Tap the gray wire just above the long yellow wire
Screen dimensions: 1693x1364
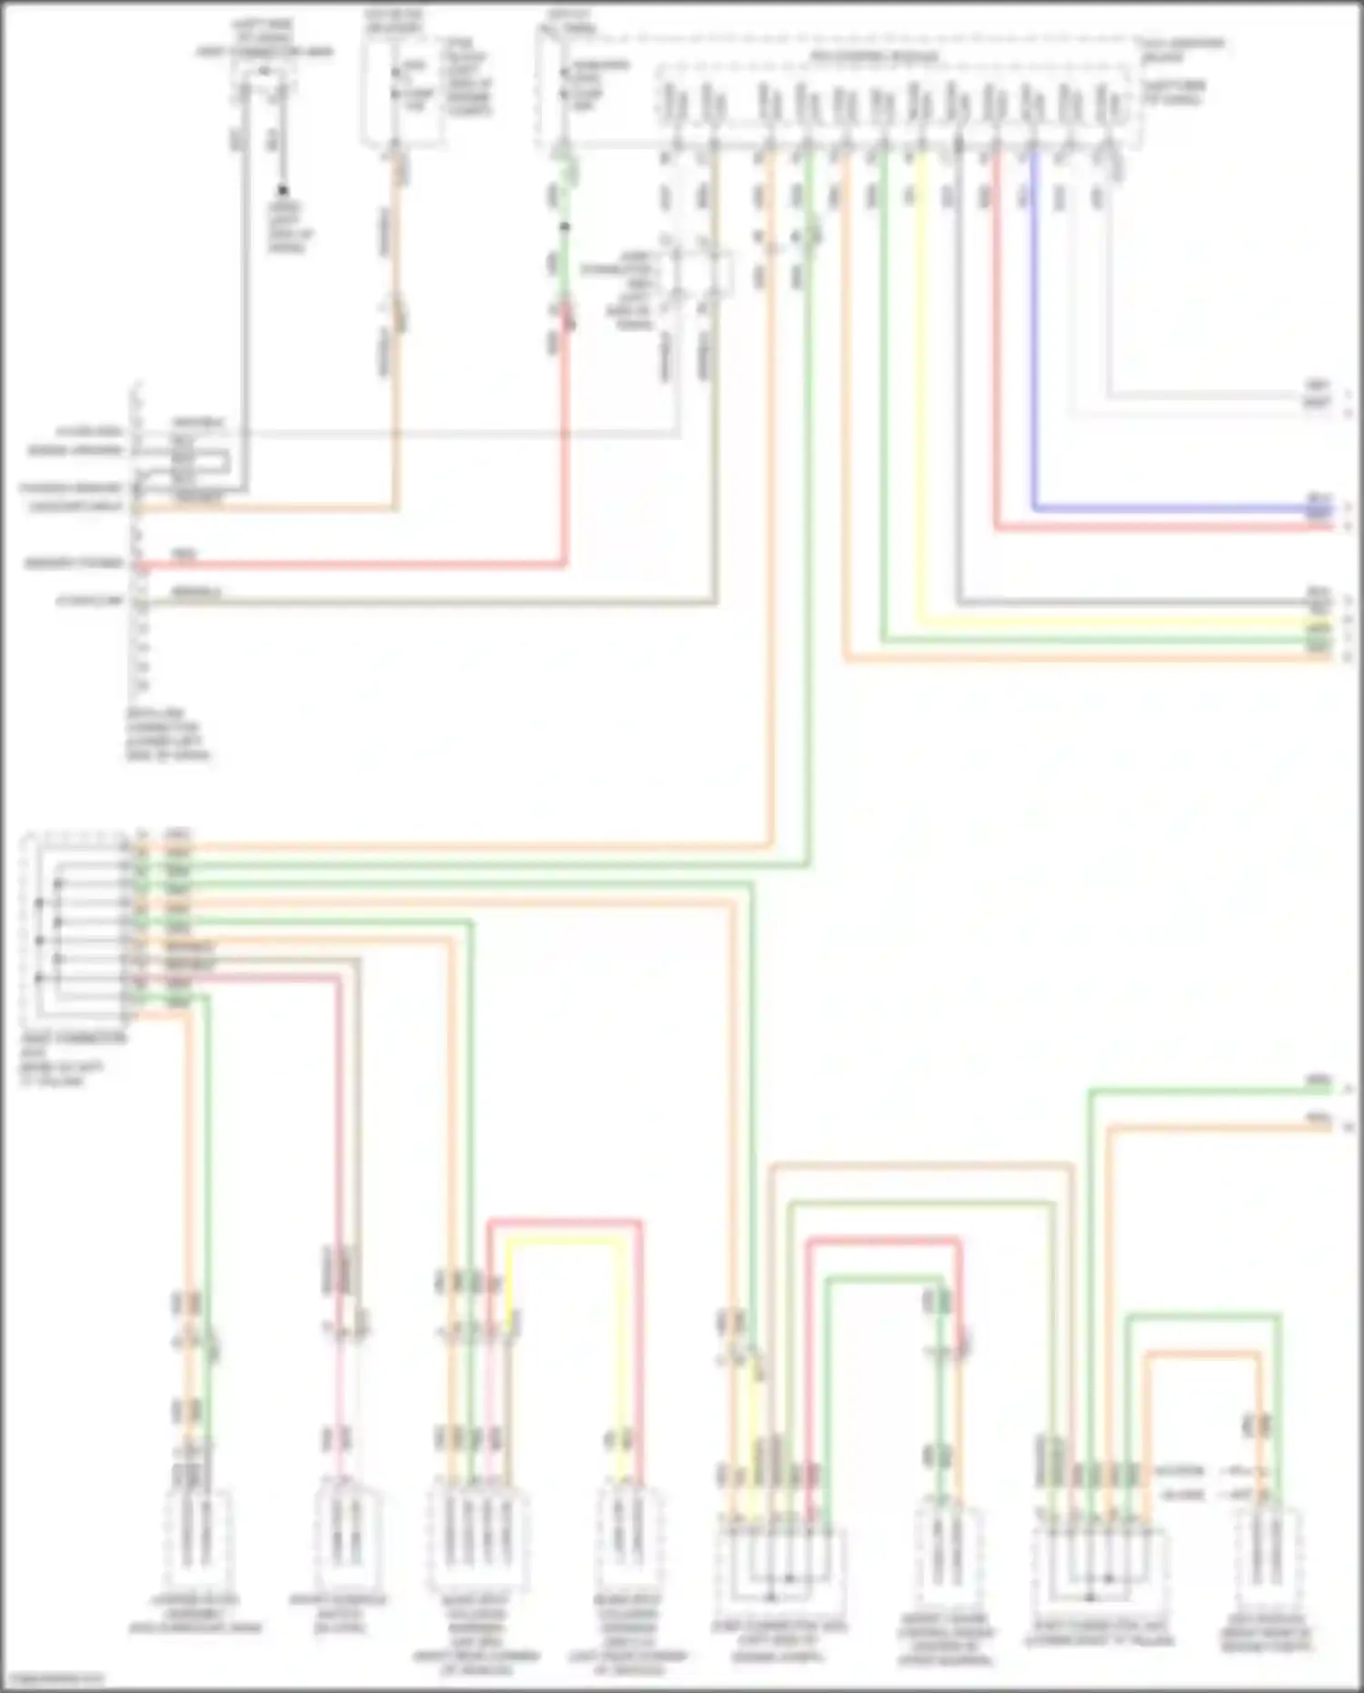coord(1137,602)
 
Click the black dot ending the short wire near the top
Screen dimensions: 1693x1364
coord(283,190)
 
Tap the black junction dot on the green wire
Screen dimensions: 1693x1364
coord(564,227)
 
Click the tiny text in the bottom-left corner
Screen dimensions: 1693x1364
coord(53,1679)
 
